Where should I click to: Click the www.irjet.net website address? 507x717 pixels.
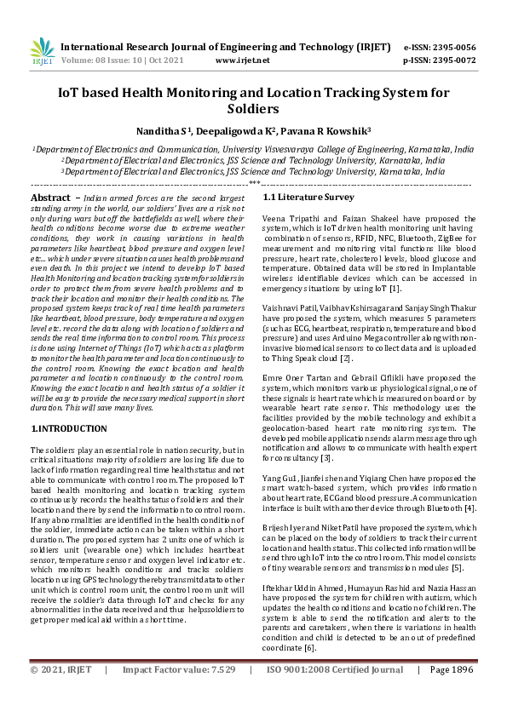click(243, 60)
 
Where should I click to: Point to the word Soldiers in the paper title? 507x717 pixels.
click(253, 110)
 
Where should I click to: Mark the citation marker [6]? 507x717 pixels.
click(310, 648)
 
